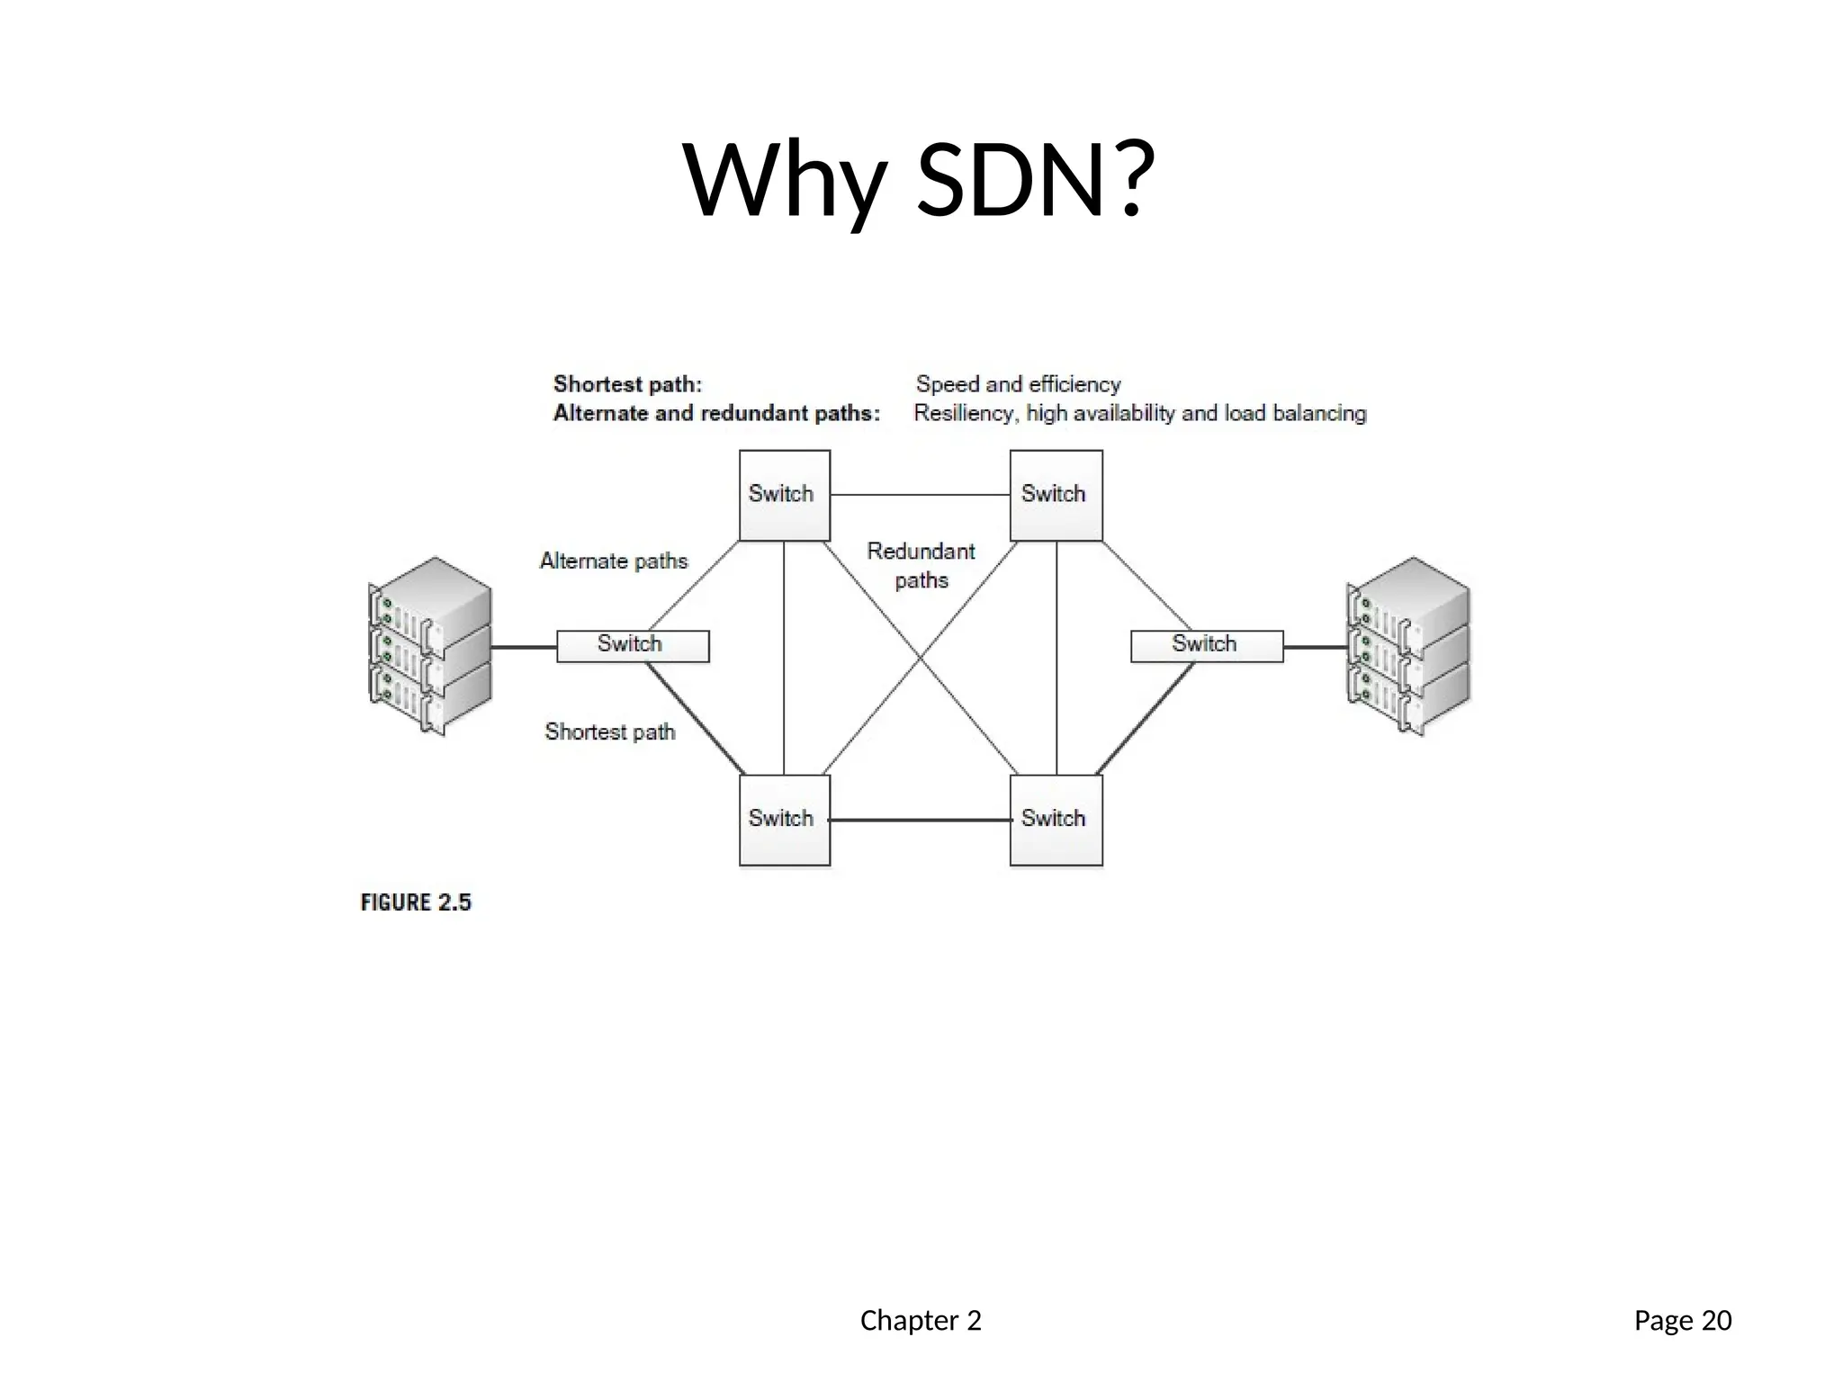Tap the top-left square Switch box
(x=784, y=495)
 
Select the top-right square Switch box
(x=1056, y=495)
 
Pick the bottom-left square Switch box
(x=784, y=820)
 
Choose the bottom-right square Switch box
(x=1056, y=820)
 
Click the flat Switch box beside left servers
(x=633, y=645)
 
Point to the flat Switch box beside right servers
(x=1206, y=645)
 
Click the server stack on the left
(x=430, y=645)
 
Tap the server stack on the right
(x=1408, y=645)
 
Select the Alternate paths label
(x=614, y=561)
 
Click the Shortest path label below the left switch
(x=610, y=731)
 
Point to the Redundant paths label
(x=921, y=565)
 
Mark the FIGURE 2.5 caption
(x=416, y=902)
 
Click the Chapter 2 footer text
(x=921, y=1320)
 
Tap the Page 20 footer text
(x=1682, y=1320)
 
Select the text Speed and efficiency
(x=1018, y=384)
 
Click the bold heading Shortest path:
(x=627, y=384)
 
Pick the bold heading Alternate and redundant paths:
(x=716, y=413)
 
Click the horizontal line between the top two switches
(x=920, y=495)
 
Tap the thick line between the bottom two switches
(x=920, y=820)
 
